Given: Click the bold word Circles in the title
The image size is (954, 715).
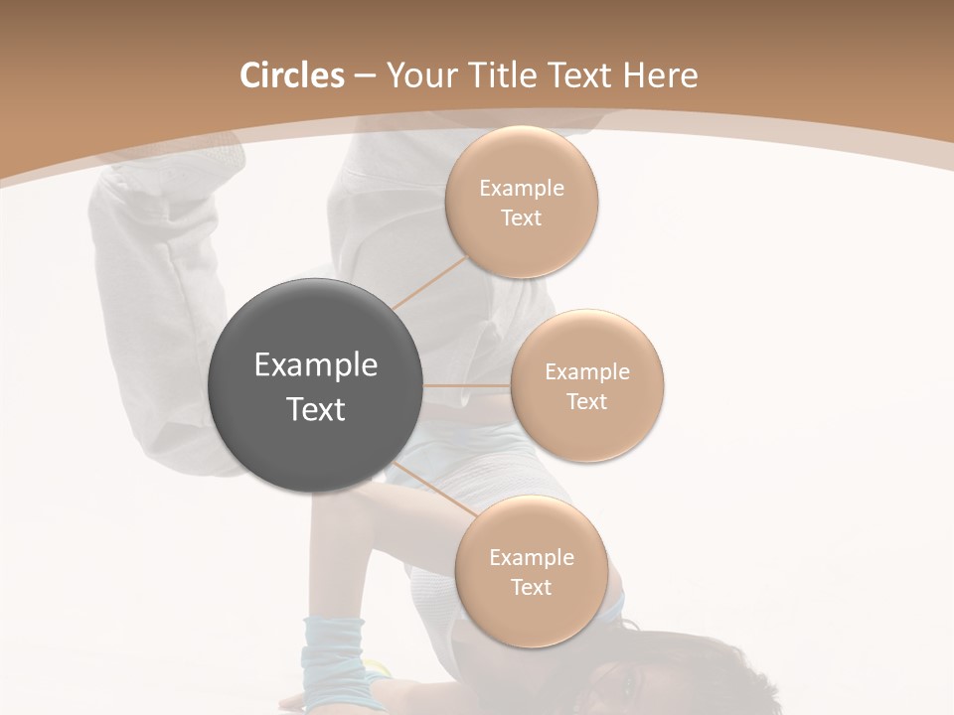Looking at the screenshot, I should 291,75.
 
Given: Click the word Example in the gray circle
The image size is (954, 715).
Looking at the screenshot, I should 316,365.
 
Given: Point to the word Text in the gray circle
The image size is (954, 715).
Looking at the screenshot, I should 316,409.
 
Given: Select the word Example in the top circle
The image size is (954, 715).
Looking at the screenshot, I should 522,189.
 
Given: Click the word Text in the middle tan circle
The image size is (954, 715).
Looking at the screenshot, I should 587,401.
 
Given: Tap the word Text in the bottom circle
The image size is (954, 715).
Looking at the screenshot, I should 532,587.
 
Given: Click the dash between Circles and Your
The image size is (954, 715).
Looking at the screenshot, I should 364,75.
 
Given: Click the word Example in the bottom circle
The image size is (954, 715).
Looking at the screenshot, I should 532,557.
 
